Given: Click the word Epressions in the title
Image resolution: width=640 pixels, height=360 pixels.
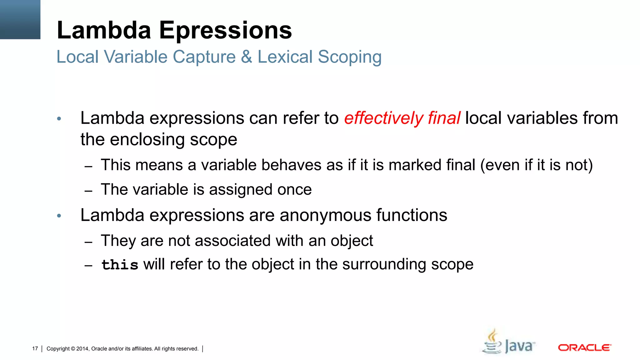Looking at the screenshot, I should pyautogui.click(x=225, y=31).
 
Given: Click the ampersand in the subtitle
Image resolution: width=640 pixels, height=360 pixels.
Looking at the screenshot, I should pyautogui.click(x=246, y=57).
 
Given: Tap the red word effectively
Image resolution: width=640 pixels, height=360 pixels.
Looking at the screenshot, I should pyautogui.click(x=383, y=118).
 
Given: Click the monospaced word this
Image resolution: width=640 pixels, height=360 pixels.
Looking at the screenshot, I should pyautogui.click(x=120, y=265).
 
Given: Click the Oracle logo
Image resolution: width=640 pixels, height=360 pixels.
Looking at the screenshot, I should pyautogui.click(x=584, y=347).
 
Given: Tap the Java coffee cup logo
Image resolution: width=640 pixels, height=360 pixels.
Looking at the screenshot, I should pyautogui.click(x=493, y=342).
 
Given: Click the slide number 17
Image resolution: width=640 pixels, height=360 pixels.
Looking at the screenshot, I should pyautogui.click(x=35, y=348).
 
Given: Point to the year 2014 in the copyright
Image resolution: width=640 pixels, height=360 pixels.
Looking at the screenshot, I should pyautogui.click(x=82, y=349).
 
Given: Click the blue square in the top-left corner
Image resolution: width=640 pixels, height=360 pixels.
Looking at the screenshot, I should pyautogui.click(x=20, y=19).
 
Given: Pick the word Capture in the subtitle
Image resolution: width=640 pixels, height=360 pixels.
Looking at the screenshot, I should pyautogui.click(x=204, y=57).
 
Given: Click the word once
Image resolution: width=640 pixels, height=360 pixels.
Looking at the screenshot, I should pyautogui.click(x=294, y=190).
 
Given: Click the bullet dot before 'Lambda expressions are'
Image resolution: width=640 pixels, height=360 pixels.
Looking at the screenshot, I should pyautogui.click(x=59, y=216).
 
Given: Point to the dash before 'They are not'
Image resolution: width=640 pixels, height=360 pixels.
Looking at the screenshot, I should pyautogui.click(x=88, y=242).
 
